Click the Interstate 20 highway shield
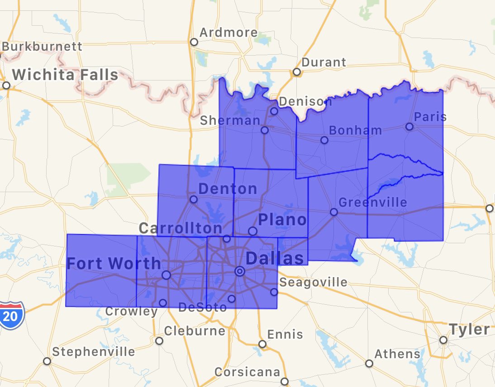10,316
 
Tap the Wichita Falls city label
65,75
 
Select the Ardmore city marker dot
194,42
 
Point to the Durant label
324,62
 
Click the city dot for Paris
409,127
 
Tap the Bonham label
355,131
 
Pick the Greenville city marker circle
333,212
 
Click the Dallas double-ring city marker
240,271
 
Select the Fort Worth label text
114,263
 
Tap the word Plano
282,220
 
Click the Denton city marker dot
193,199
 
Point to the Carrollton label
181,228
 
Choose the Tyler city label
469,329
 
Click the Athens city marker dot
369,363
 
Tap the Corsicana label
247,372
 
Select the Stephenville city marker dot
47,361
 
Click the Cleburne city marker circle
159,341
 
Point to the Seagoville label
314,283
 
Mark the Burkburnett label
42,46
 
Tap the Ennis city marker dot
262,344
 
